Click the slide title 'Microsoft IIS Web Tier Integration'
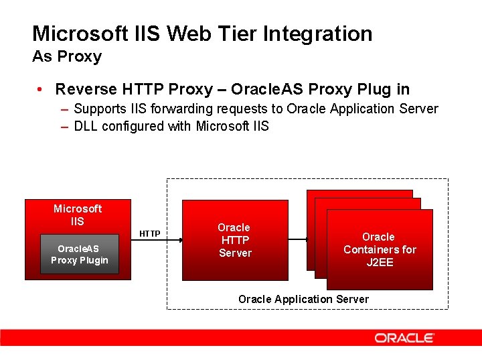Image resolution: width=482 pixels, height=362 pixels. [202, 34]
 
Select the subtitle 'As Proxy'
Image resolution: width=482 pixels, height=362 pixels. [67, 57]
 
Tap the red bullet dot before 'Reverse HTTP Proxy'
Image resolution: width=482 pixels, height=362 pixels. [42, 89]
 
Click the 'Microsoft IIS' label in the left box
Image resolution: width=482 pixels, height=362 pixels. [78, 215]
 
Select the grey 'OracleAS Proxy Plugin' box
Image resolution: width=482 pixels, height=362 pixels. [80, 254]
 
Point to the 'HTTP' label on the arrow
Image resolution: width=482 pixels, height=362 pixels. [149, 234]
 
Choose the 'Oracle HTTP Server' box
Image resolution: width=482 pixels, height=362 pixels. [234, 240]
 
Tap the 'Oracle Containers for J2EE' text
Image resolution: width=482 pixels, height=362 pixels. [380, 249]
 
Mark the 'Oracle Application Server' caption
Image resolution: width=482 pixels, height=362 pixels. [303, 299]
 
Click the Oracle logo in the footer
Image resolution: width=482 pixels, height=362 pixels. [404, 338]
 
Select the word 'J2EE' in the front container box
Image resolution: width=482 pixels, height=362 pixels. [380, 262]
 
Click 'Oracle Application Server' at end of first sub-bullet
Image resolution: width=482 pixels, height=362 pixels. [362, 109]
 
